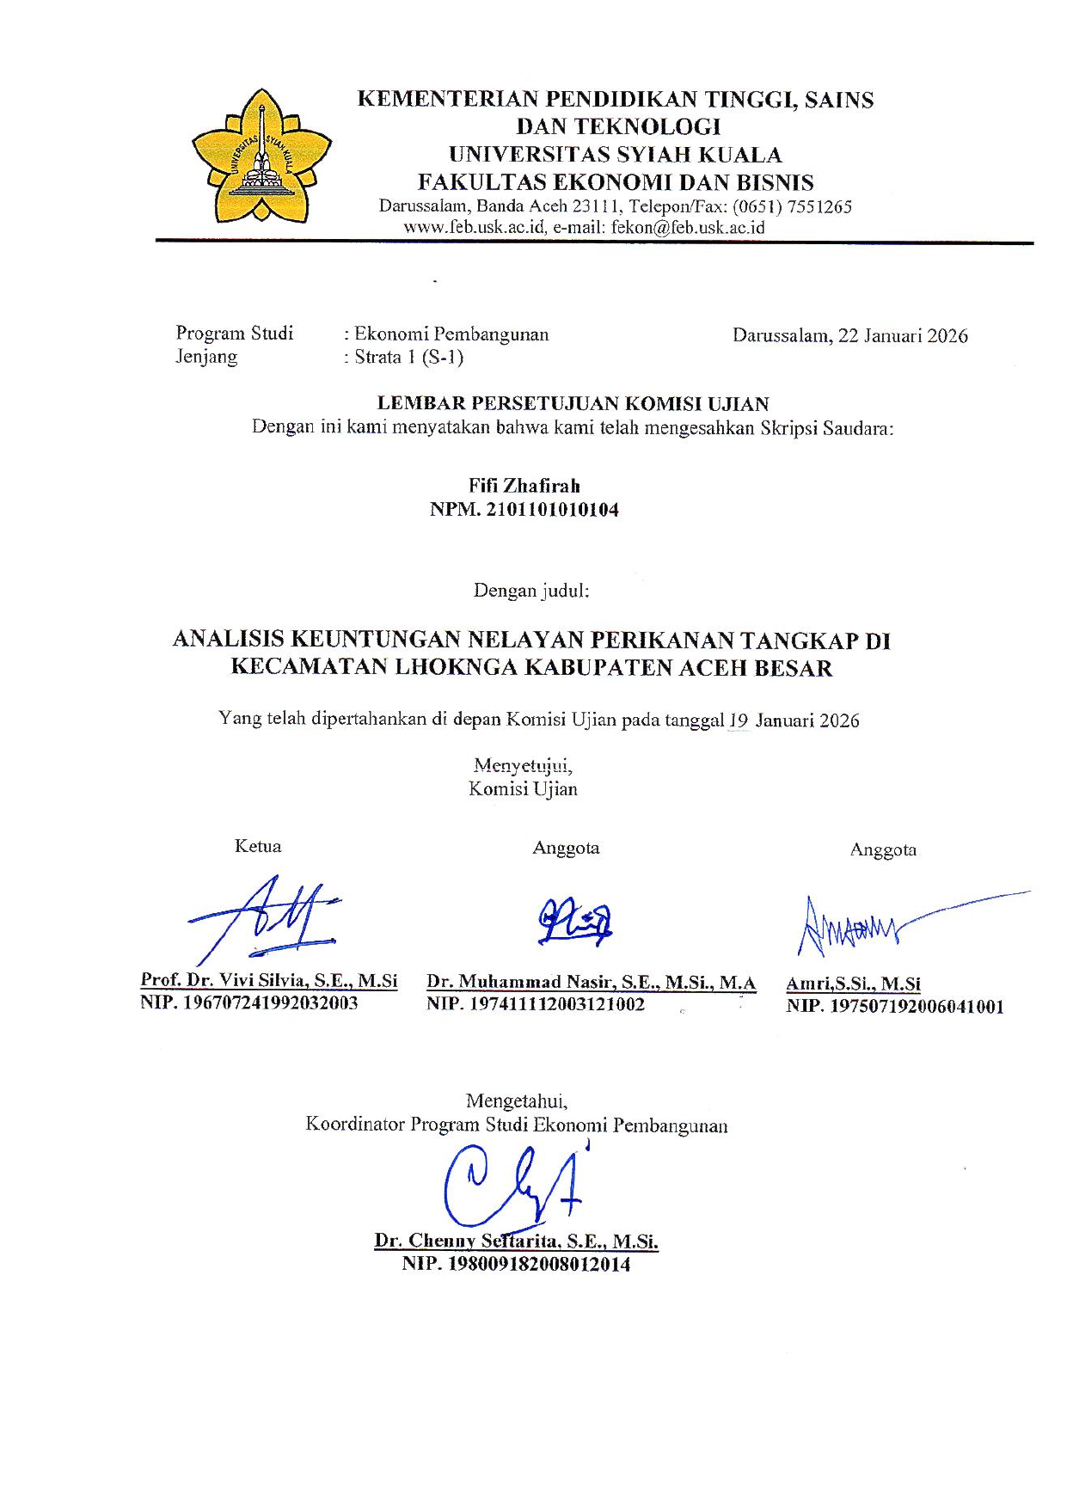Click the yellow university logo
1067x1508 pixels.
point(261,156)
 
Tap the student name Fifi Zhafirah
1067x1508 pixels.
point(524,486)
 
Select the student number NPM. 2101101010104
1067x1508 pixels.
point(524,510)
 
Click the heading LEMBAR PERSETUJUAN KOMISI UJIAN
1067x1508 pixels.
point(573,403)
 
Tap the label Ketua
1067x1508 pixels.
point(258,847)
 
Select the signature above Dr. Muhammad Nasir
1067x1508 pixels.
point(575,922)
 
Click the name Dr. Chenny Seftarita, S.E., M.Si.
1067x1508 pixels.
point(516,1241)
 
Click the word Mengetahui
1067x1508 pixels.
point(516,1101)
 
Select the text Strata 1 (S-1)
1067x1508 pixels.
point(409,358)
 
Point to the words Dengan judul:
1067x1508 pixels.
point(531,591)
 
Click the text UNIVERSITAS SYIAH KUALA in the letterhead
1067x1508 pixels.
point(616,155)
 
